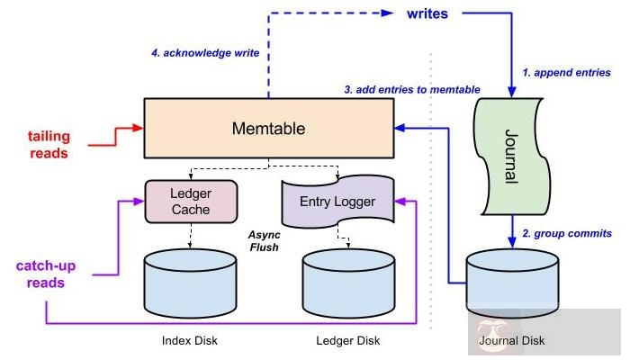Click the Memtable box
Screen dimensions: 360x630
[x=269, y=129]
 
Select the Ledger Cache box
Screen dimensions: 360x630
[x=190, y=201]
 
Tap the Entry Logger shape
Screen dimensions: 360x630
[x=338, y=201]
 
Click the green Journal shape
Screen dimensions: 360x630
[x=511, y=153]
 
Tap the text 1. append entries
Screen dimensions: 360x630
[x=567, y=72]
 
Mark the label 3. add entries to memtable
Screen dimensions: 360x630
[x=412, y=89]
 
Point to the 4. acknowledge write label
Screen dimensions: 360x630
[x=205, y=53]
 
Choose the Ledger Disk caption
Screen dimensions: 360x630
[x=348, y=340]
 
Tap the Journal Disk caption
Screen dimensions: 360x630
[x=513, y=341]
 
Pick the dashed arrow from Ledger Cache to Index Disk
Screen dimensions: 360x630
[x=191, y=236]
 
